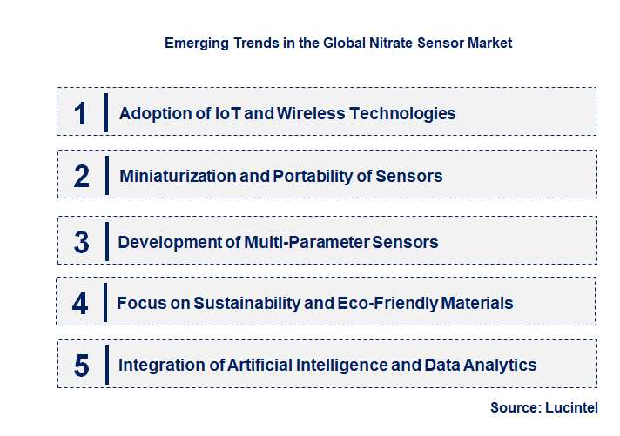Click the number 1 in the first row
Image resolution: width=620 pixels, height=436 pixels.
[81, 113]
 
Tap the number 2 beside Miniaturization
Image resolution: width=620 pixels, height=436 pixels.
[82, 176]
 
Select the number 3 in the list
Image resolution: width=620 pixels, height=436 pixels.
[82, 242]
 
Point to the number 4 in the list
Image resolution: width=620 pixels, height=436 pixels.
[81, 303]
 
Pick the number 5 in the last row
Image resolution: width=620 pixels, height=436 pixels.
[82, 365]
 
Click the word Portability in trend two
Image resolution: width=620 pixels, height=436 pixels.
[312, 176]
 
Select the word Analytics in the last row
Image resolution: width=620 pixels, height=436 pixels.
[501, 365]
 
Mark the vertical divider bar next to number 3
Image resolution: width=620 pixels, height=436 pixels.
[105, 242]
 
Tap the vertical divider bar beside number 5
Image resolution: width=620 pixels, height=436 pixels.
[105, 365]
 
